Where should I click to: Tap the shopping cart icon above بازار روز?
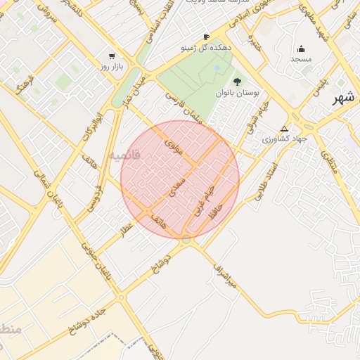[111, 56]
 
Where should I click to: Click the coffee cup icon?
[206, 37]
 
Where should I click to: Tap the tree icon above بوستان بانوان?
[236, 82]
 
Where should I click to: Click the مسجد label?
[302, 59]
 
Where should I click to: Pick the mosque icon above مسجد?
[302, 49]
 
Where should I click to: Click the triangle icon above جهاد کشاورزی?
[284, 129]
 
